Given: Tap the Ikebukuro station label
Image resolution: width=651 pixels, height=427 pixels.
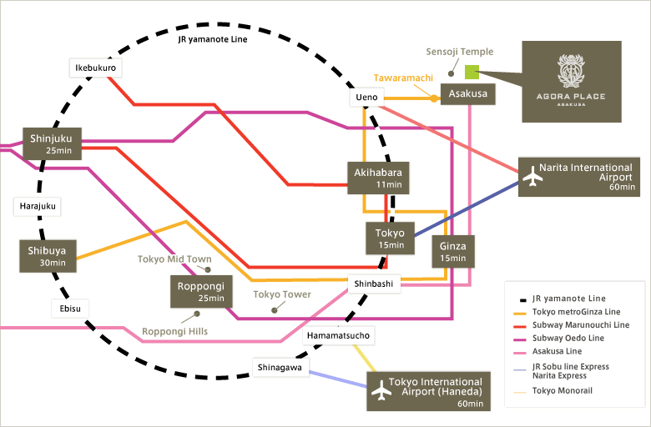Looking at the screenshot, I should tap(93, 67).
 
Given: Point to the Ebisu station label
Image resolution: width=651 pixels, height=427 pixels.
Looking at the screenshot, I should tap(68, 308).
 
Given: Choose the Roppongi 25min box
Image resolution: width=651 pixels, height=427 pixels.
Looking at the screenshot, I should tap(198, 292).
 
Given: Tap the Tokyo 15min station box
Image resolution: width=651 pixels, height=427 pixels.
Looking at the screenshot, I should tap(390, 239).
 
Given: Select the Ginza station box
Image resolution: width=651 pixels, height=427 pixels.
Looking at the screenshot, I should tap(453, 250).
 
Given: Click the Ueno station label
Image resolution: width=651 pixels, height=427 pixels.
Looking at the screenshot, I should tap(366, 98).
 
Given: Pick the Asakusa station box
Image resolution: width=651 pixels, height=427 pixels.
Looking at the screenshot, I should tap(468, 94).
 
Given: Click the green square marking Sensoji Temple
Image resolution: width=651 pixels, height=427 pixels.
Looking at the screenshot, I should tap(472, 73).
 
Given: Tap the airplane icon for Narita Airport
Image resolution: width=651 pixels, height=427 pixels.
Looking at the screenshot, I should tap(532, 176).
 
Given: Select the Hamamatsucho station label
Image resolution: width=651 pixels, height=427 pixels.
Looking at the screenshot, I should tap(339, 335).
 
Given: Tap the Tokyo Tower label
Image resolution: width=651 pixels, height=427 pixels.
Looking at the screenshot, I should tap(282, 294).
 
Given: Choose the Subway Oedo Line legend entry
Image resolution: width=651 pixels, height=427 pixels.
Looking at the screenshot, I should tap(568, 338).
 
